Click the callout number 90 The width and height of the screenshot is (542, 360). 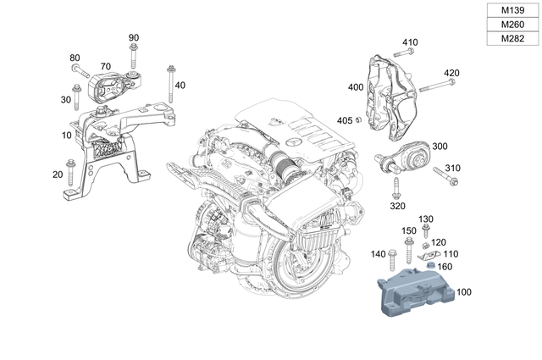pos(134,38)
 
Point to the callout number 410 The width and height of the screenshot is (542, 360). pos(410,42)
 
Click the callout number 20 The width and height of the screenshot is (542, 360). pos(58,174)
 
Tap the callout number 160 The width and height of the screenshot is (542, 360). pos(445,267)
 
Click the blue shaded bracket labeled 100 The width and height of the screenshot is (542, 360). pos(415,292)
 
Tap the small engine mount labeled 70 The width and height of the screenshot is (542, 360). pos(110,88)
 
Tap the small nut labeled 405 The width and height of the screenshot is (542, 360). pos(359,120)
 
